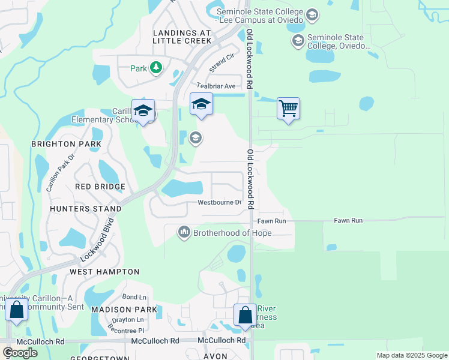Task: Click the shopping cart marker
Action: coord(289,109)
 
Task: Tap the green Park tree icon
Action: coord(156,68)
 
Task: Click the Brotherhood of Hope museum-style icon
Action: coord(184,232)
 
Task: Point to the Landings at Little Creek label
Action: coord(182,37)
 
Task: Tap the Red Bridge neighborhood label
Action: coord(100,187)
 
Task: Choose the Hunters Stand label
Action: coord(86,209)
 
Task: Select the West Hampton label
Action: coord(104,272)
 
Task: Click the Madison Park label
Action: coord(124,310)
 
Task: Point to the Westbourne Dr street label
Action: coord(220,202)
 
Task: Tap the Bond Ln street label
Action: coord(134,297)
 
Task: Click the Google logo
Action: coord(20,353)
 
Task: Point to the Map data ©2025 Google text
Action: coord(411,355)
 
